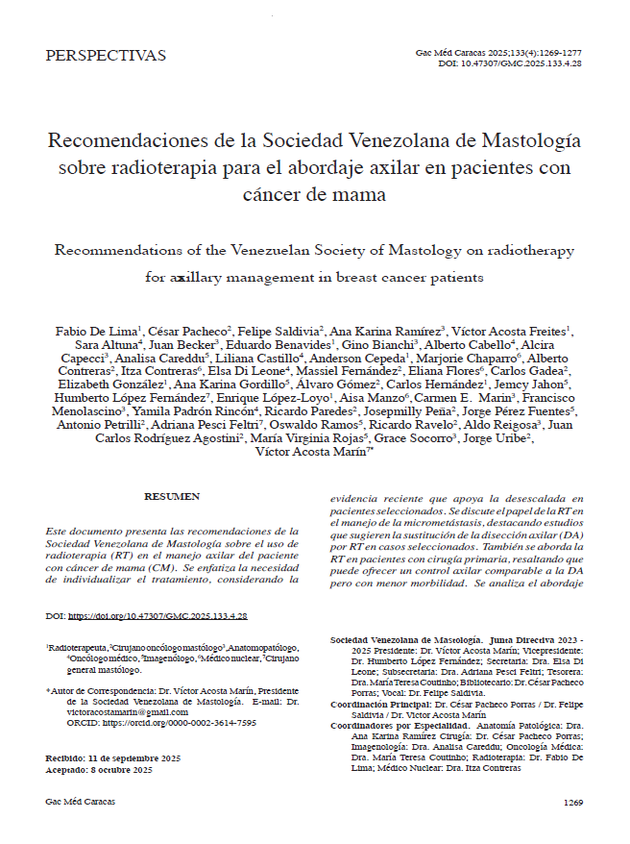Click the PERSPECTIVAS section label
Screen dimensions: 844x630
(x=106, y=55)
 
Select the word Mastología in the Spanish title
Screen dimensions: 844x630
(x=534, y=140)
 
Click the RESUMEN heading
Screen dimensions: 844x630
(x=172, y=496)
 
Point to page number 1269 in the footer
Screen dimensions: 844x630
(x=573, y=802)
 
